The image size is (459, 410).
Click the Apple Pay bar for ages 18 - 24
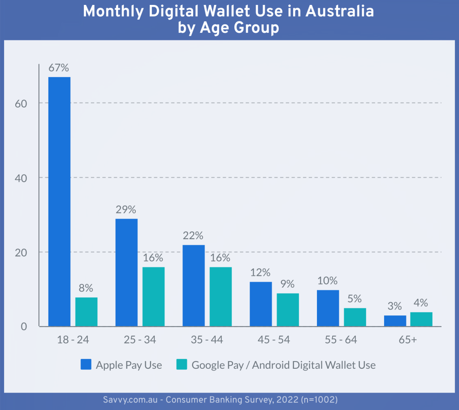pos(59,201)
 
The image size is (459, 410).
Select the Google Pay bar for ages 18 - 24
pos(86,312)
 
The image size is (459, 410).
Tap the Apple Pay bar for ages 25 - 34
pos(126,272)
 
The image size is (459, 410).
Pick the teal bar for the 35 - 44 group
pos(221,297)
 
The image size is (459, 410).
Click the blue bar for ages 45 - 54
pos(261,304)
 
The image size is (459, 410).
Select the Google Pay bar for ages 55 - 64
pos(355,317)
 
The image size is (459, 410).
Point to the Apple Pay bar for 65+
pos(395,321)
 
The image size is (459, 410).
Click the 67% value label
pos(59,68)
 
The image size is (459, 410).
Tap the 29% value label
pos(126,210)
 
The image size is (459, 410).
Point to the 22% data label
pos(193,236)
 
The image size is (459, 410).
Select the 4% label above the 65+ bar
pos(421,303)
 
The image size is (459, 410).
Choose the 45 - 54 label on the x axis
pos(273,340)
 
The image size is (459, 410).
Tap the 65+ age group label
pos(408,340)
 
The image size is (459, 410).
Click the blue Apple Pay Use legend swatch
pos(86,365)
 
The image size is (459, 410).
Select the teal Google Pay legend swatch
pos(182,365)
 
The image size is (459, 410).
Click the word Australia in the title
pos(340,11)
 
